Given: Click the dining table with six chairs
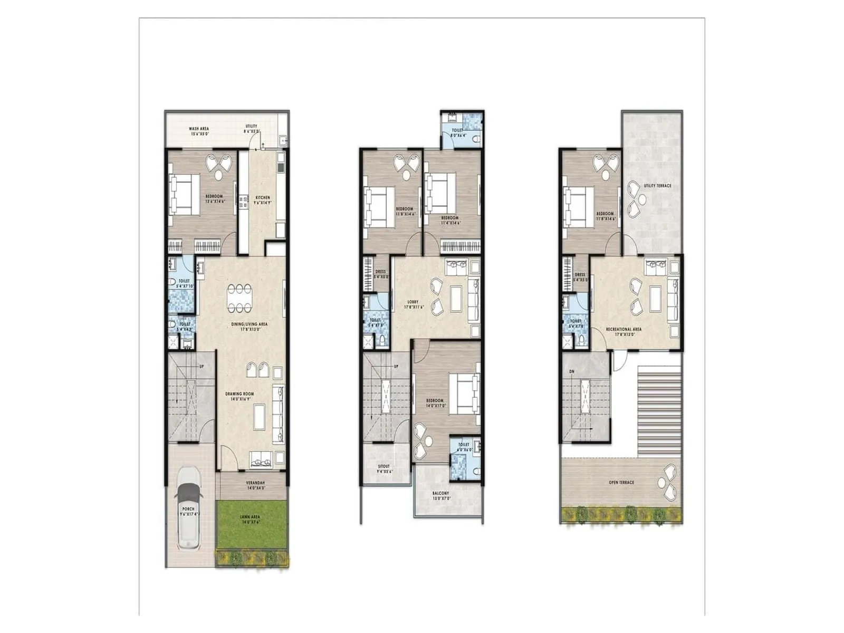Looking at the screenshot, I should [239, 299].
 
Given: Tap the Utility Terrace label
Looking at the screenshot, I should [657, 186].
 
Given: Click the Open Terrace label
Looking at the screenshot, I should [621, 483].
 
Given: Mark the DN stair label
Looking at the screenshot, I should [572, 372].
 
